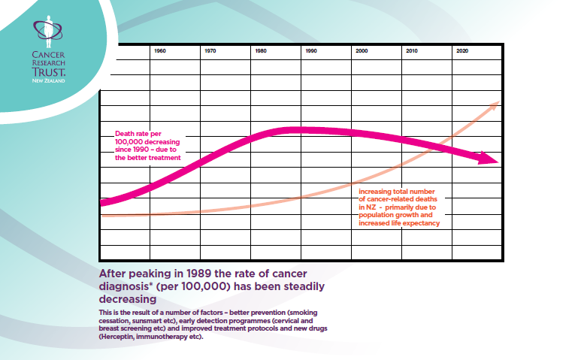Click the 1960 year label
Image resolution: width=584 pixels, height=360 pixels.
(x=159, y=51)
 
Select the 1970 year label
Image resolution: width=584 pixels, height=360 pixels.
(x=210, y=51)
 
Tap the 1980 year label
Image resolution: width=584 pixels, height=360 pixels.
(x=261, y=51)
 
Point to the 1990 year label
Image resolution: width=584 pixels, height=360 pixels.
(x=311, y=51)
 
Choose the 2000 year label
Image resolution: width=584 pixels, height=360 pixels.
(x=362, y=51)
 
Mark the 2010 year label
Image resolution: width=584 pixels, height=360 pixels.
(x=412, y=51)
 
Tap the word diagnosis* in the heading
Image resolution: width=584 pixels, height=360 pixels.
(x=130, y=286)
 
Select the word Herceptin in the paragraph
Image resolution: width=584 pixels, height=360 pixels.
(x=120, y=337)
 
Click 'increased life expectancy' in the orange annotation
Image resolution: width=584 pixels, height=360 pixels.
(x=399, y=222)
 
